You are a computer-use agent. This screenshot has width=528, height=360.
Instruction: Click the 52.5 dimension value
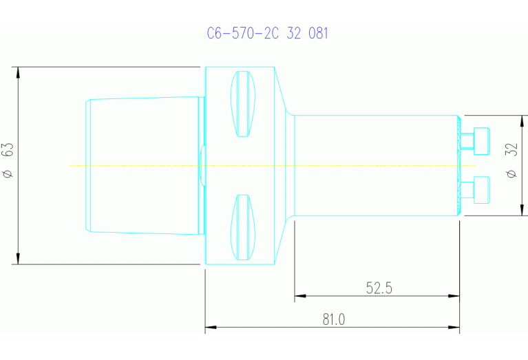pyautogui.click(x=379, y=288)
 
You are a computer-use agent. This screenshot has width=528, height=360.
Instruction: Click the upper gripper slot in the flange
pyautogui.click(x=242, y=103)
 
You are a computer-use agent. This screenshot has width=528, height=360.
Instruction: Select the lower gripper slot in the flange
pyautogui.click(x=242, y=227)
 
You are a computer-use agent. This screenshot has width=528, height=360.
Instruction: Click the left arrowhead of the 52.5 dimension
pyautogui.click(x=299, y=297)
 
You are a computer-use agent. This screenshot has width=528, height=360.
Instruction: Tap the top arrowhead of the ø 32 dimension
pyautogui.click(x=522, y=119)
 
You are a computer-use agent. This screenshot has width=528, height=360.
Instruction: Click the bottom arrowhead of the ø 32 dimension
pyautogui.click(x=522, y=212)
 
